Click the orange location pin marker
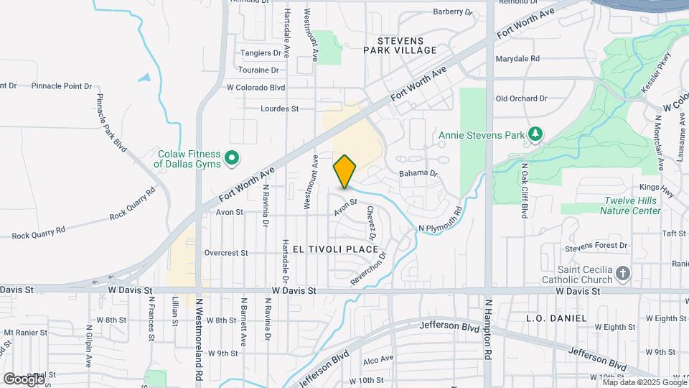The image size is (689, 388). click(345, 172)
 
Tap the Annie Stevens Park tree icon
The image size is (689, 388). click(534, 134)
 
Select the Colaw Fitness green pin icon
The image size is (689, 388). click(232, 157)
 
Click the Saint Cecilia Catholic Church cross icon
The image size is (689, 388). click(622, 272)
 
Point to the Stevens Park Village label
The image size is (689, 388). click(400, 45)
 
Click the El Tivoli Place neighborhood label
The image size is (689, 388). click(335, 249)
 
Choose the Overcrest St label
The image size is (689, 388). click(225, 253)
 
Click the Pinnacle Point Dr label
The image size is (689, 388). click(62, 86)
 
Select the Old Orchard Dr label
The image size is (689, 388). click(521, 98)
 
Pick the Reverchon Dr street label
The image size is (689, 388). click(369, 269)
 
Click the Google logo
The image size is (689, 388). click(24, 379)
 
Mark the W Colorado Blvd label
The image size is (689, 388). click(256, 88)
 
